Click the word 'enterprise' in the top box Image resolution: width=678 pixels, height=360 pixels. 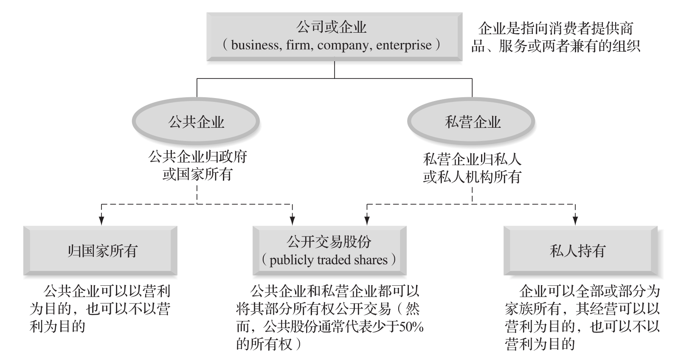(403, 45)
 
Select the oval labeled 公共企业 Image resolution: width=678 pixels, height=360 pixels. (196, 122)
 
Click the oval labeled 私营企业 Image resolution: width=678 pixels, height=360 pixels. (472, 122)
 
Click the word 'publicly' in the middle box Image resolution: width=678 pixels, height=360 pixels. (289, 260)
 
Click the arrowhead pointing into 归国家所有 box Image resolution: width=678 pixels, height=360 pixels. (101, 221)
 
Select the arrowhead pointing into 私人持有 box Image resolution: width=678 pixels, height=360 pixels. (575, 221)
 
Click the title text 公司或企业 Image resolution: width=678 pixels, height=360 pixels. (331, 28)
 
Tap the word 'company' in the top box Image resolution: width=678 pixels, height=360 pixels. (343, 45)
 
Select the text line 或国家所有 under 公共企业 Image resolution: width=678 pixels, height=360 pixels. (197, 174)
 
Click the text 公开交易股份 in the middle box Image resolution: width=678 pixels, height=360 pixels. (329, 242)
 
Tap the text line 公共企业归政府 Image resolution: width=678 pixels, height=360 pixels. (197, 157)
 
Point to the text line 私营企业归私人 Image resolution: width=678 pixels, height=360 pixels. (472, 160)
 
